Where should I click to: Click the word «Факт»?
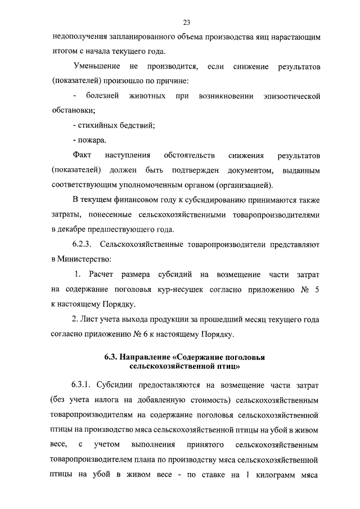[82, 155]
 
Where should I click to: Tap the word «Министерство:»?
[79, 259]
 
